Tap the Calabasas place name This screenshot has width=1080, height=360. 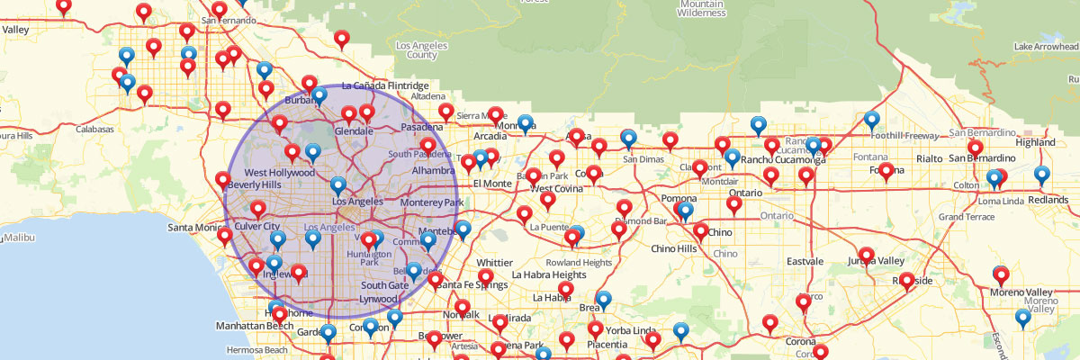[x=94, y=130]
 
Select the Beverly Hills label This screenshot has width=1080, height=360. [x=256, y=184]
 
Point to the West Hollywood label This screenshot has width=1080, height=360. [x=279, y=172]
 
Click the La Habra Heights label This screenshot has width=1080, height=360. [x=549, y=274]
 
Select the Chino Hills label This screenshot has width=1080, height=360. [x=673, y=248]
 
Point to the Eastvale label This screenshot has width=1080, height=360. [x=805, y=261]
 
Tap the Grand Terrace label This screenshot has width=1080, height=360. [x=966, y=217]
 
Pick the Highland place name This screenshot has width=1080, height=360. [x=1035, y=142]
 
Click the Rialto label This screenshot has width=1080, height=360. [x=929, y=158]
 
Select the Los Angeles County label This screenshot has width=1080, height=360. [x=415, y=50]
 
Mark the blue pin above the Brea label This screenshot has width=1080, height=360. [x=604, y=299]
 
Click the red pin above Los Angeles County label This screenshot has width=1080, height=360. [x=341, y=38]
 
